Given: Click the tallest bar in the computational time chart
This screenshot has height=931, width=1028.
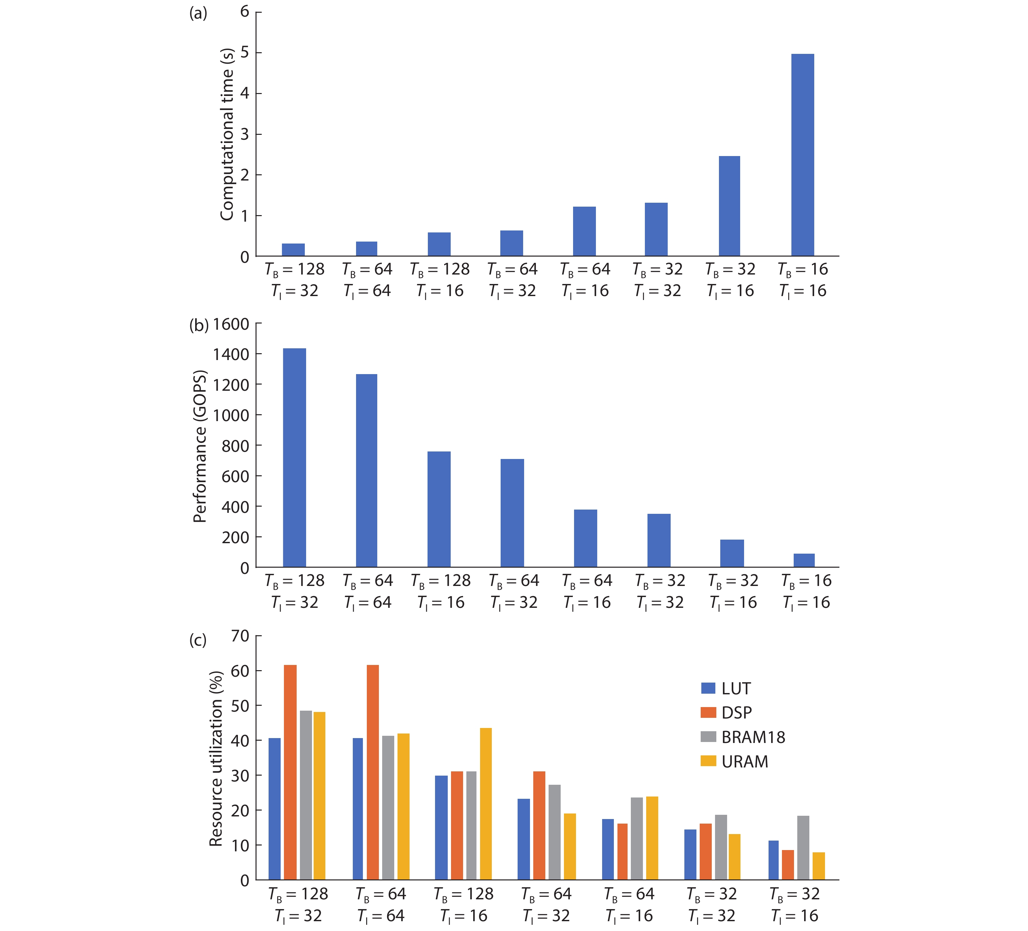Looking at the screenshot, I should point(802,155).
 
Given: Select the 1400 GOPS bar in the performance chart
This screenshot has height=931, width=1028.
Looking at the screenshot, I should point(294,458).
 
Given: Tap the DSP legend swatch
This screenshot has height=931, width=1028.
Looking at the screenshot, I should point(708,712).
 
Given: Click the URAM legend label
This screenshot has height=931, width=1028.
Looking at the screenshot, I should point(744,762).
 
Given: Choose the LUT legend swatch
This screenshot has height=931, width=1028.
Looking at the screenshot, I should point(708,688).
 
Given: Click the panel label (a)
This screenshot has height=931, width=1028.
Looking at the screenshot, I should point(198,14).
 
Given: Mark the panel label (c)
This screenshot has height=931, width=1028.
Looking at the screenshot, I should point(198,640).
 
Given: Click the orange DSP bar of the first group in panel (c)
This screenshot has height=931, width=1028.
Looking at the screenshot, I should point(290,772).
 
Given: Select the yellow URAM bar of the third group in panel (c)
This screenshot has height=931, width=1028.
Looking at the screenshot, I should point(486,803).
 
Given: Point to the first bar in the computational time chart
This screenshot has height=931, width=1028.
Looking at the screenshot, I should point(293,249).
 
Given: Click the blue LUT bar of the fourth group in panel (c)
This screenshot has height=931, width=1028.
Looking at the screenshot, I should point(524,839).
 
